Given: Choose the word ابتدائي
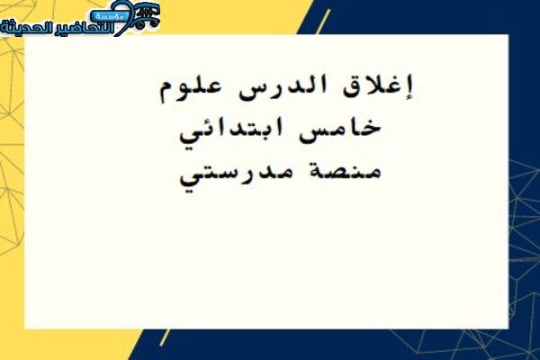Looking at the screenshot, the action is (231, 131).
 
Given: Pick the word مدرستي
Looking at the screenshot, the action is (236, 175).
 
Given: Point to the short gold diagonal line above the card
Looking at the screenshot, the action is (323, 22).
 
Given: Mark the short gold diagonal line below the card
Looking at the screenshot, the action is (165, 337).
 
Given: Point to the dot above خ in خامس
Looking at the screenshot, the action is (370, 121).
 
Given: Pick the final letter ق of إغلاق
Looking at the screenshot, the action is (350, 89).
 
